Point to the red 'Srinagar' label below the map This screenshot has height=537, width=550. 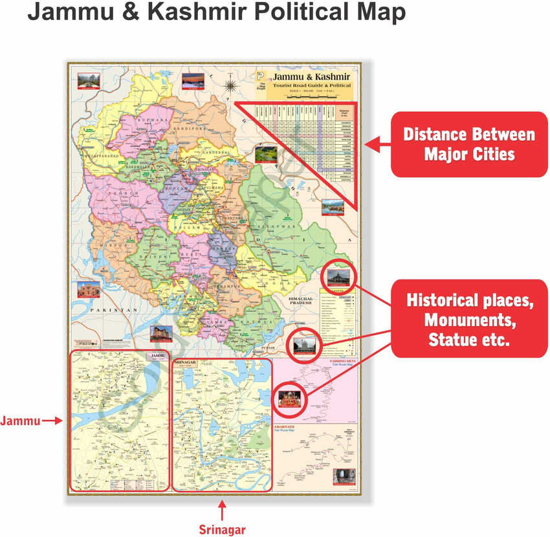tap(221, 530)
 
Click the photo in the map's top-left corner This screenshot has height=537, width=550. tap(85, 81)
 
